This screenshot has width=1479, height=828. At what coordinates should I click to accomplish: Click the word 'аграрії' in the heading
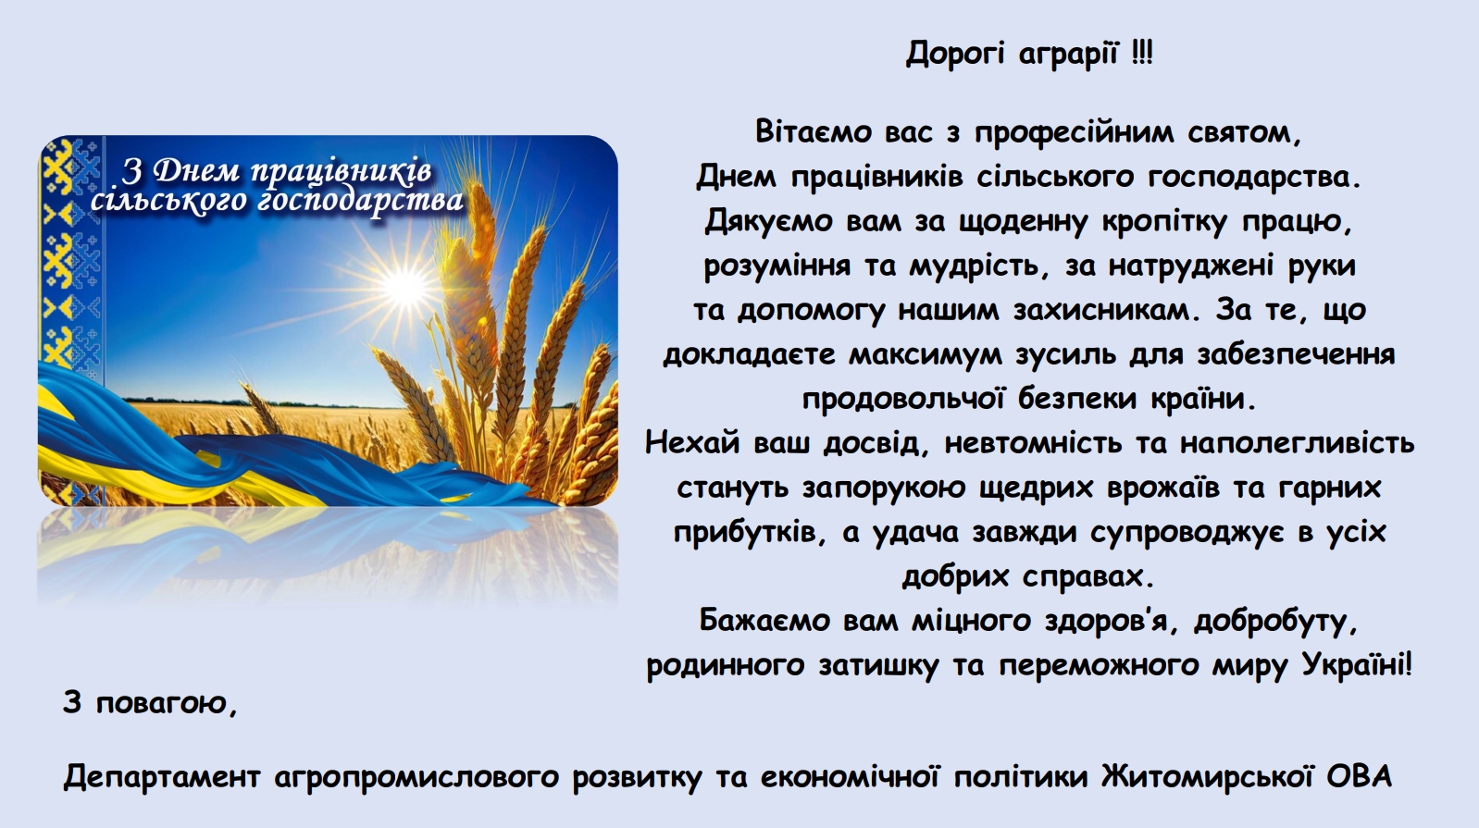(x=1069, y=54)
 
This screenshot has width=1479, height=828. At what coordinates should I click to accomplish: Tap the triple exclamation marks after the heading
(x=1141, y=52)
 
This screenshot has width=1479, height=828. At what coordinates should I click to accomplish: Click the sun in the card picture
(x=404, y=286)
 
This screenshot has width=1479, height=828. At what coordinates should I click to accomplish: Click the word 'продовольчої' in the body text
(x=900, y=400)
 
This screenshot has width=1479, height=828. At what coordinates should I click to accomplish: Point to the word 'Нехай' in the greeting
(x=692, y=443)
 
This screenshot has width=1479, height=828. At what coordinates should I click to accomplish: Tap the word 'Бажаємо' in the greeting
(x=764, y=621)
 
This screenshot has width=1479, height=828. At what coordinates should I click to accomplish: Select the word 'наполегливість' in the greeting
(x=1298, y=444)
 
